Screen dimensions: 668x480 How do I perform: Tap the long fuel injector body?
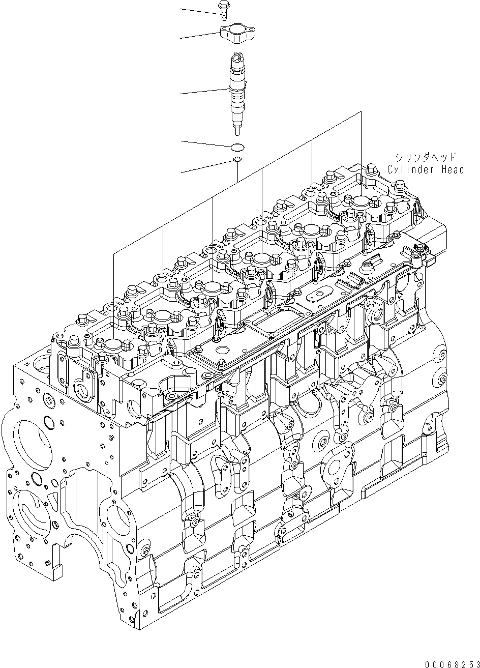pos(238,92)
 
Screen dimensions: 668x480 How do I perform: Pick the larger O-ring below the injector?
pos(237,148)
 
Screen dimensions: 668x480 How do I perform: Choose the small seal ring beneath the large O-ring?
pos(237,160)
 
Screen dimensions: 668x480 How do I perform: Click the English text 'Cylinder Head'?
pos(426,170)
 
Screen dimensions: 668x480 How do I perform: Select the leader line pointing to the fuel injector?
pos(203,92)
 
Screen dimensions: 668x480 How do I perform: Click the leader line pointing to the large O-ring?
pos(203,144)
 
